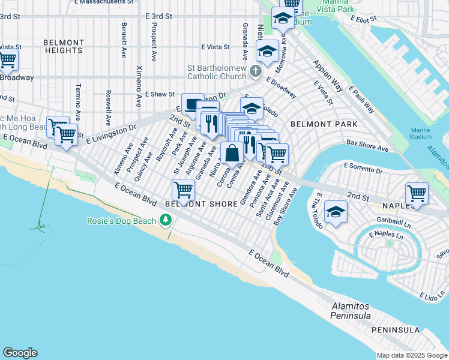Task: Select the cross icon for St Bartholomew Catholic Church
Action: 256,73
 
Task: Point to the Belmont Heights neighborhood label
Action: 64,46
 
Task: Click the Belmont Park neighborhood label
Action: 324,124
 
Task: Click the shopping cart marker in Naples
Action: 417,193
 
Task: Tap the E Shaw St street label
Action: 160,94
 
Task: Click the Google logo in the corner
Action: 20,353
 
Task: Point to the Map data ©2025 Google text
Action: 411,355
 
